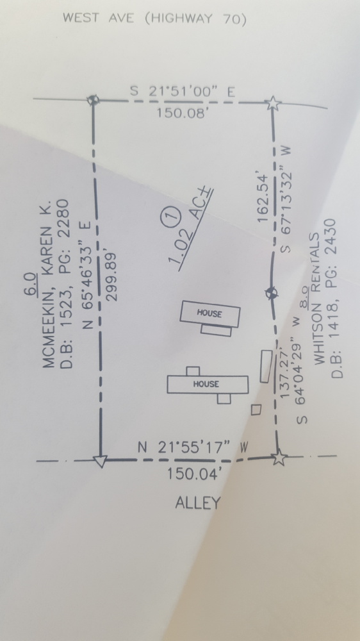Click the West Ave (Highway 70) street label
click(154, 19)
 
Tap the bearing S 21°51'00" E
click(183, 92)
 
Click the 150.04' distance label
click(195, 474)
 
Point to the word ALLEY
click(198, 503)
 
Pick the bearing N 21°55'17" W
click(193, 447)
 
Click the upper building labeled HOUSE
click(210, 313)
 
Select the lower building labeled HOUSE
click(208, 384)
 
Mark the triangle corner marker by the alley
click(99, 461)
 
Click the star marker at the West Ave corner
click(273, 103)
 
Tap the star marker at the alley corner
click(279, 457)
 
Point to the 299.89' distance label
click(111, 276)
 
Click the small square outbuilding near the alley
click(256, 410)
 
